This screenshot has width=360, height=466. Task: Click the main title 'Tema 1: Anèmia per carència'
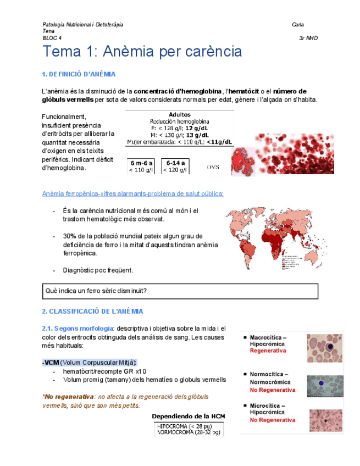click(142, 52)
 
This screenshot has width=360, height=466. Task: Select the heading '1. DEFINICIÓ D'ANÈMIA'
click(79, 74)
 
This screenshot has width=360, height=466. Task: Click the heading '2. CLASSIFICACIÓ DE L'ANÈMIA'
click(92, 311)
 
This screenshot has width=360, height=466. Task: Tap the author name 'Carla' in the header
click(298, 25)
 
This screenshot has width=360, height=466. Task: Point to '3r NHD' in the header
click(308, 38)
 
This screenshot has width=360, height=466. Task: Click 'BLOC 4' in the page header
click(52, 38)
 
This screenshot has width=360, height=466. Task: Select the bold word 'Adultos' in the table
click(179, 115)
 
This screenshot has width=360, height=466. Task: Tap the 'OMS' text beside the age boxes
click(213, 167)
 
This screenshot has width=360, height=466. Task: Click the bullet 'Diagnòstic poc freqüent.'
click(98, 270)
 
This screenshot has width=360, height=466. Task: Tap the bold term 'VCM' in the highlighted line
click(52, 363)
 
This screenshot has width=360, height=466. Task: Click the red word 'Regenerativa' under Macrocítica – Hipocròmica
click(268, 351)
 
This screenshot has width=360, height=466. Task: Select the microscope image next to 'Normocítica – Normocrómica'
click(324, 386)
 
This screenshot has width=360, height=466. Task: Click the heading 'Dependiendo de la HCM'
click(188, 417)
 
